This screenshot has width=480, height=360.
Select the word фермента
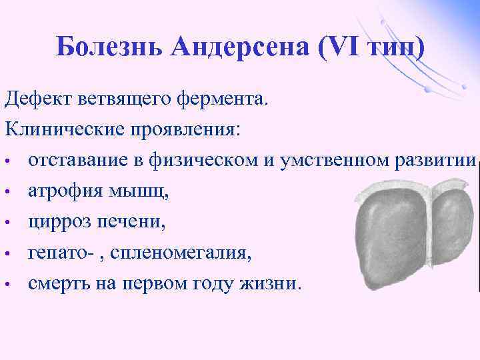coord(222,99)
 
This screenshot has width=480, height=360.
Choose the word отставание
coord(74,161)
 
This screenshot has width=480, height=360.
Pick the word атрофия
coord(62,192)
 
